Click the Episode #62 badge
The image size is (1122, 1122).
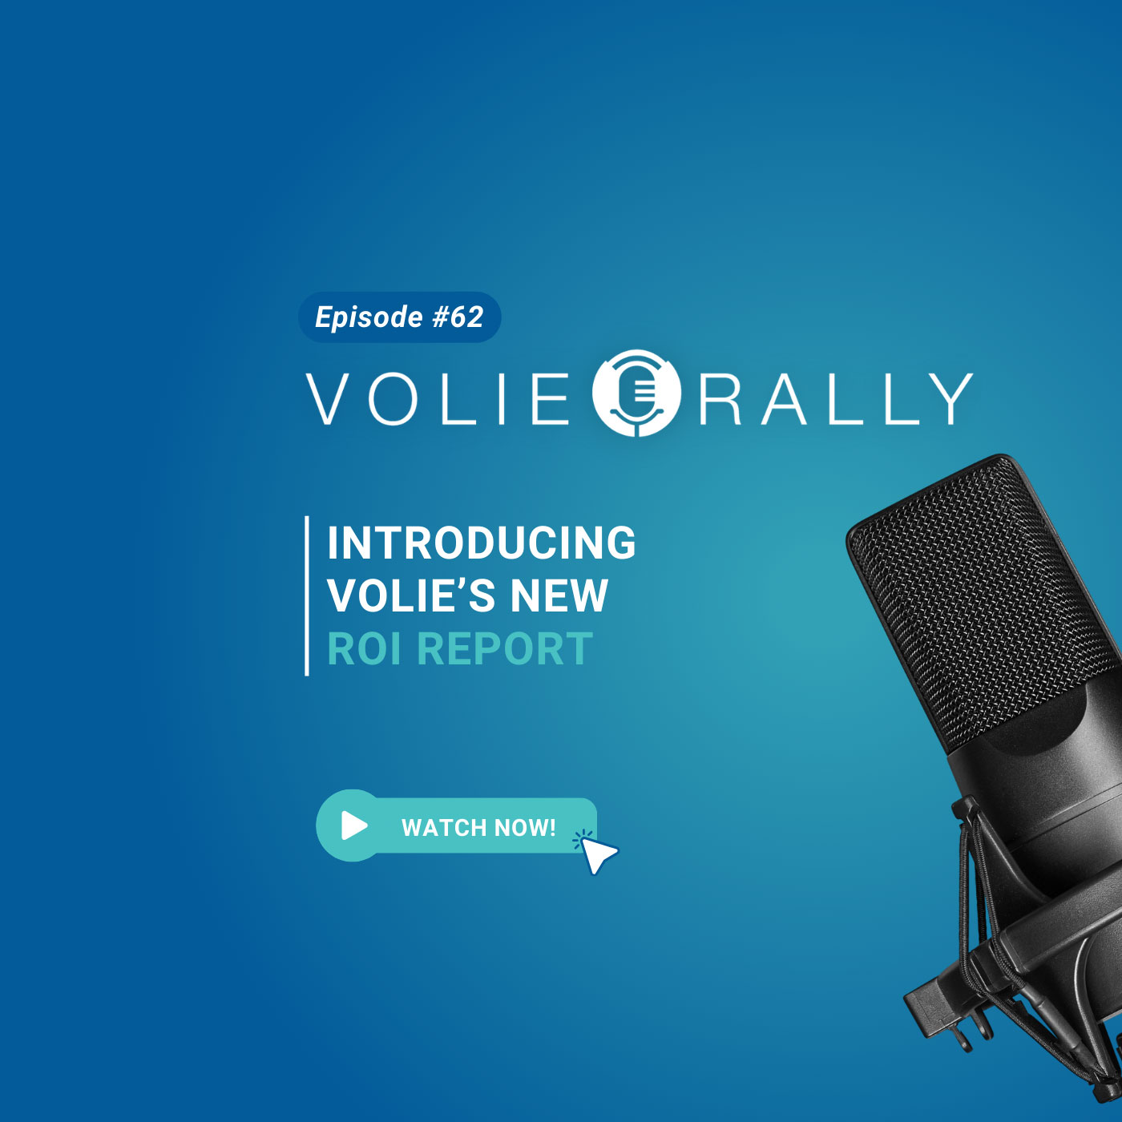coord(399,317)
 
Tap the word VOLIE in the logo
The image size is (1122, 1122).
coord(438,399)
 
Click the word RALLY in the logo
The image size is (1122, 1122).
coord(836,399)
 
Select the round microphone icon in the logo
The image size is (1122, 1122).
coord(636,393)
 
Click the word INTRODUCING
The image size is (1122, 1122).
coord(482,543)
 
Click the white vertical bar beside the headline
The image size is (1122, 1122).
coord(307,595)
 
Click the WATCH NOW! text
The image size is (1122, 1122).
coord(478,827)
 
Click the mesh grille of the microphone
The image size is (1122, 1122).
coord(984,599)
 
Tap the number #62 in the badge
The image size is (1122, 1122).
coord(458,317)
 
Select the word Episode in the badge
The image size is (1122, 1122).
coord(369,318)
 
